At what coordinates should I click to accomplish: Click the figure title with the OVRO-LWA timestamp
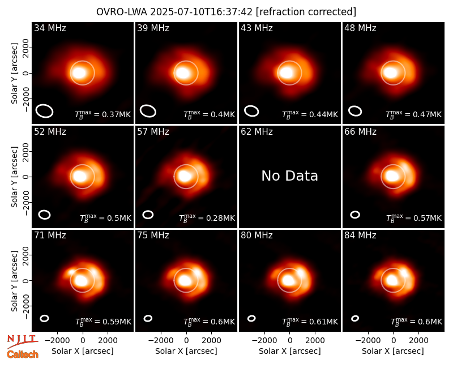point(226,12)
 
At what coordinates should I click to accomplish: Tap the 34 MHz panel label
point(50,28)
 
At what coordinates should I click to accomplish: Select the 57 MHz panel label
point(153,132)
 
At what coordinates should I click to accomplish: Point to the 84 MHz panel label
point(360,236)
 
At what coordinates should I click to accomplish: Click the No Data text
point(290,176)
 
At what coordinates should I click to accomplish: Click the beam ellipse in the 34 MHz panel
point(45,111)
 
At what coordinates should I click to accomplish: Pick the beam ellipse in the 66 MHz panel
point(355,215)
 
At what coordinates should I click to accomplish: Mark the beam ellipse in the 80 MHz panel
point(251,318)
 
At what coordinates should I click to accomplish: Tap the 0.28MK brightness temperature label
point(207,218)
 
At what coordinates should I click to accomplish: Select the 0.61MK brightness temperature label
point(310,322)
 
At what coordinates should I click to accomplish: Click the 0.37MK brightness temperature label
point(103,114)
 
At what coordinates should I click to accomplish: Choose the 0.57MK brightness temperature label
point(414,218)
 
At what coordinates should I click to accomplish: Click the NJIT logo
point(22,341)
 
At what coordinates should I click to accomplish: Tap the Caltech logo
point(23,354)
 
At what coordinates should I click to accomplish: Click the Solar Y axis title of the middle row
point(15,177)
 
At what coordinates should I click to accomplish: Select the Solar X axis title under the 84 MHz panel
point(393,351)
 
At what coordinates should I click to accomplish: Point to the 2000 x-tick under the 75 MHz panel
point(211,341)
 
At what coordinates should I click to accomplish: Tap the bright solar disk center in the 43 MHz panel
point(287,73)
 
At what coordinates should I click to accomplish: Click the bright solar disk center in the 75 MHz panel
point(183,280)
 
